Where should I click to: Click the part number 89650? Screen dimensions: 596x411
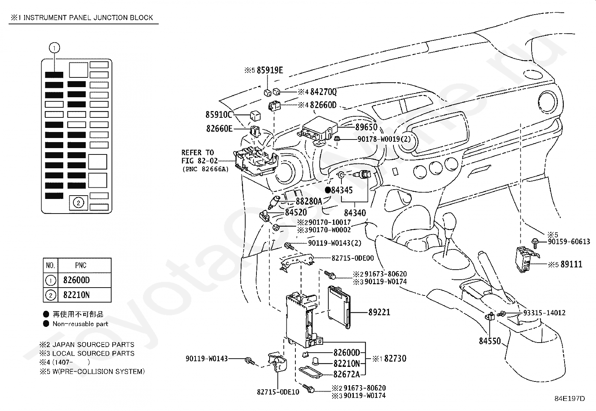367,127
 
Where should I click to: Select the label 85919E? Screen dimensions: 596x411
270,70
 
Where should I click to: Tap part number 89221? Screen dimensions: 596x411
379,312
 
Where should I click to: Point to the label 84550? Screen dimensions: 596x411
490,341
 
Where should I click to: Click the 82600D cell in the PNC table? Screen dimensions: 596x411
77,280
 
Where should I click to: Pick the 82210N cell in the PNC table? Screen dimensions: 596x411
77,295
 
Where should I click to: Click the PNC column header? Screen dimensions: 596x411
81,265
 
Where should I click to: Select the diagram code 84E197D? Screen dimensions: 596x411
570,399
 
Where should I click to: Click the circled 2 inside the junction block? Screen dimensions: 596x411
78,203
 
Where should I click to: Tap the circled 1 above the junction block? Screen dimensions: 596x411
54,48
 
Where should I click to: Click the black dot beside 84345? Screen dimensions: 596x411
328,190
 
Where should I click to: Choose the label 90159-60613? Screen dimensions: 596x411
569,241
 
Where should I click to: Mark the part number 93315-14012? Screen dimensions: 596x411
544,313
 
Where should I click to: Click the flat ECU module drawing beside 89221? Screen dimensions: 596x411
339,307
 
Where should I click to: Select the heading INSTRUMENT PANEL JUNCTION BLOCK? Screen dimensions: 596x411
88,18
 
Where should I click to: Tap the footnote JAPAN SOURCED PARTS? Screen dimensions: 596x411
93,344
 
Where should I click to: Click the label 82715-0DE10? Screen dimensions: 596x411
278,392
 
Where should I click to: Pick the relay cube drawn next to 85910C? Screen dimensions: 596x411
255,116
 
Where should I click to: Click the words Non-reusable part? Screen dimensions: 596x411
80,324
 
